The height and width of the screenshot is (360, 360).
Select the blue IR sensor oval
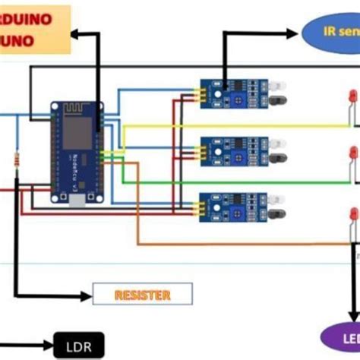click(x=331, y=31)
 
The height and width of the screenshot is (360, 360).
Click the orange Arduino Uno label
click(x=34, y=29)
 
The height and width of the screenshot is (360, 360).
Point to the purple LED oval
click(x=341, y=336)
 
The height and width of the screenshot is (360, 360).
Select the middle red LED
click(x=353, y=153)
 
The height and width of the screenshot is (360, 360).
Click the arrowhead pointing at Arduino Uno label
click(x=76, y=33)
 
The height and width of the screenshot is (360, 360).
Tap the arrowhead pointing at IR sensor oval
click(x=294, y=33)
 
